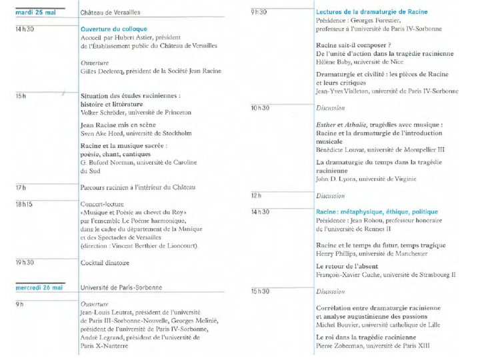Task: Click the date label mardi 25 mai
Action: (36, 12)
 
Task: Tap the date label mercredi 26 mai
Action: (39, 288)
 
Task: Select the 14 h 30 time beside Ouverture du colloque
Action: (25, 30)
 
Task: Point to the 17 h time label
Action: (21, 188)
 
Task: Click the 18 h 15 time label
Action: (24, 204)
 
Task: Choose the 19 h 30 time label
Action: (25, 263)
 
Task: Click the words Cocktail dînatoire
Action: (105, 263)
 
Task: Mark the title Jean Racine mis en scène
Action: (118, 125)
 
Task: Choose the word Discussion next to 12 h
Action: (330, 196)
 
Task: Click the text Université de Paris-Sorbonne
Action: (121, 288)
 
